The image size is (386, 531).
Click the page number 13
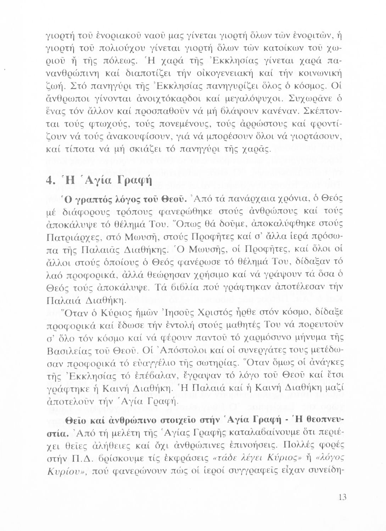(342, 497)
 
